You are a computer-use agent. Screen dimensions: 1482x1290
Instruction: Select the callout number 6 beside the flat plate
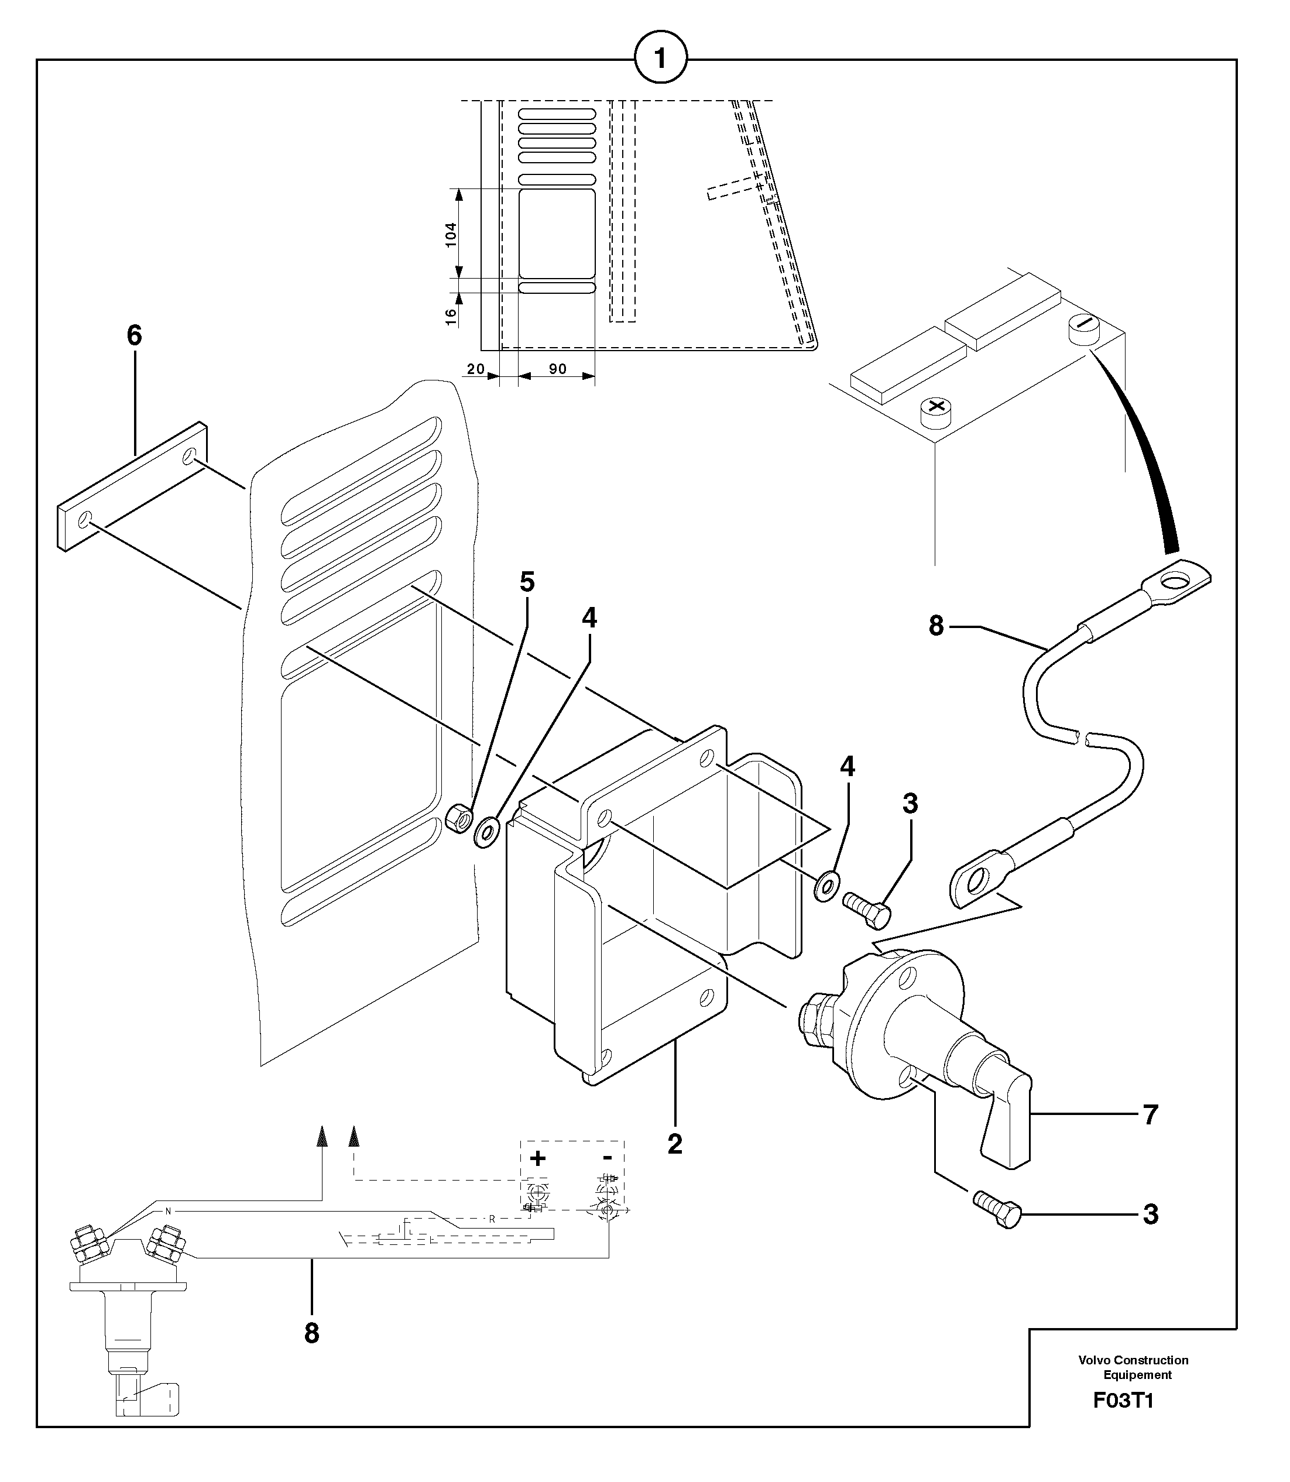coord(135,335)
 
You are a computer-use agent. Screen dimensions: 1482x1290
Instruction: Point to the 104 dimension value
coord(451,235)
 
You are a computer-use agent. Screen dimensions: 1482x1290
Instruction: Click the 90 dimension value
coord(557,369)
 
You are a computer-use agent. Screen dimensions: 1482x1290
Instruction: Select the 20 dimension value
coord(475,369)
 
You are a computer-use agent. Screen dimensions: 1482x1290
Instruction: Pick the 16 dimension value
coord(451,317)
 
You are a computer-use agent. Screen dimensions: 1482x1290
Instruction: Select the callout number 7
coord(1150,1115)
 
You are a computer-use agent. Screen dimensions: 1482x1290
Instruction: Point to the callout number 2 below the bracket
coord(674,1144)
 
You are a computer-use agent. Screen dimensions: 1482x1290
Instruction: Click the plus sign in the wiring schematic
coord(538,1158)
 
